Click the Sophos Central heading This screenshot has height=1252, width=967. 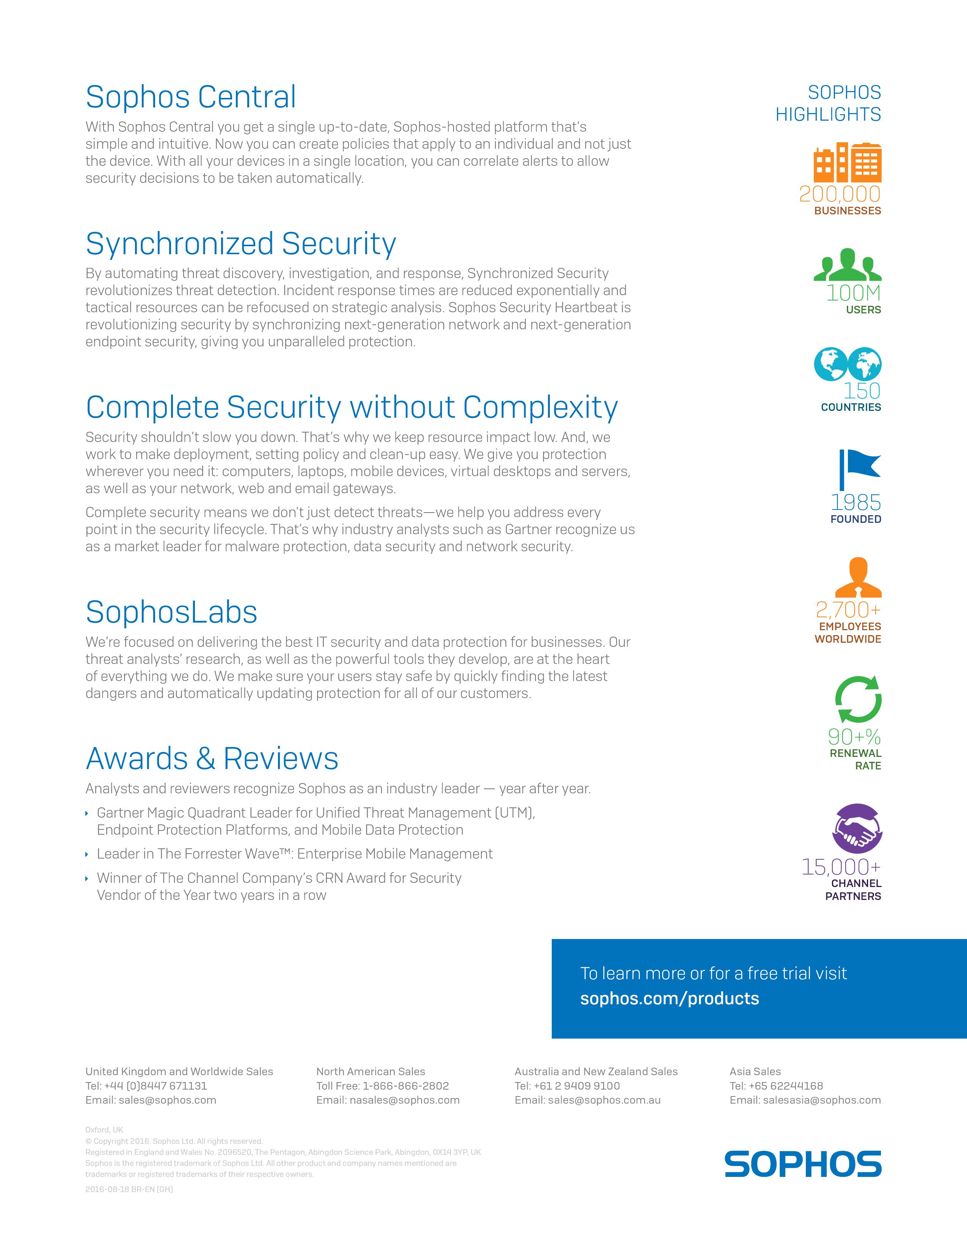click(191, 97)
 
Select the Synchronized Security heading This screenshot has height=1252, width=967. click(240, 244)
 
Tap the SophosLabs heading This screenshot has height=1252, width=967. click(171, 612)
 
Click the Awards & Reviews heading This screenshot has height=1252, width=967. click(212, 759)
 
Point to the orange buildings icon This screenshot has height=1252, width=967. click(847, 162)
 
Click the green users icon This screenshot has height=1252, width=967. click(847, 265)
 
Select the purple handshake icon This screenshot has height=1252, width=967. click(857, 828)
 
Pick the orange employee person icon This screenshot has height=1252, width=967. click(857, 578)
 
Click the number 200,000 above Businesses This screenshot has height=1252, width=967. click(840, 194)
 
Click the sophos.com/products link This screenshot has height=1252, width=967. click(669, 999)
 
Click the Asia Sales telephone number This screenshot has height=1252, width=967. click(785, 1086)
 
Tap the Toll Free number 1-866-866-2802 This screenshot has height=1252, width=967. click(406, 1086)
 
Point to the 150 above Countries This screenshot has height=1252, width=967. click(862, 391)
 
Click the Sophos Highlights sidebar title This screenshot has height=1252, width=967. click(828, 103)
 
